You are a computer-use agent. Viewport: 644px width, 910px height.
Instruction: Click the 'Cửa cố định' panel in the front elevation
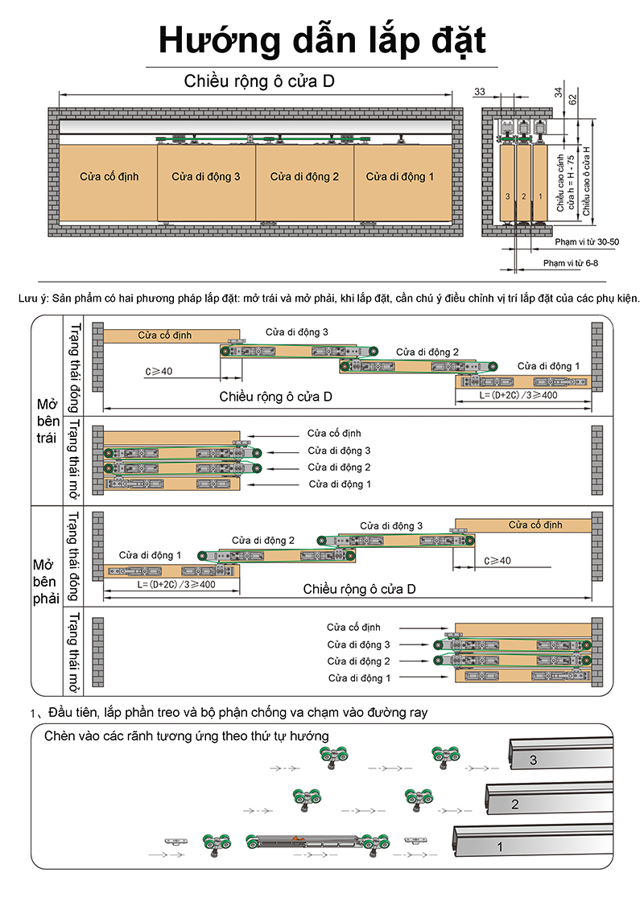(x=109, y=176)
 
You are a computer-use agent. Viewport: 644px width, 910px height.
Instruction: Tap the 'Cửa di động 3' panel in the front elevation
(x=206, y=176)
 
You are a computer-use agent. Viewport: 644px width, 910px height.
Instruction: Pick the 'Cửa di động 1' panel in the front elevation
(x=400, y=176)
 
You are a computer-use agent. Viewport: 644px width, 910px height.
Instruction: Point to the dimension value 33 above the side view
(x=479, y=93)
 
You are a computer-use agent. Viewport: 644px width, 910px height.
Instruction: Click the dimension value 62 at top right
(x=572, y=99)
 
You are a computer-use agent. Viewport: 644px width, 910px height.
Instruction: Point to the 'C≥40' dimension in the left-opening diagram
(x=154, y=371)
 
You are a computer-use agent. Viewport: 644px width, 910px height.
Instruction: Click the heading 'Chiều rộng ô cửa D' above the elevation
(x=258, y=81)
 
